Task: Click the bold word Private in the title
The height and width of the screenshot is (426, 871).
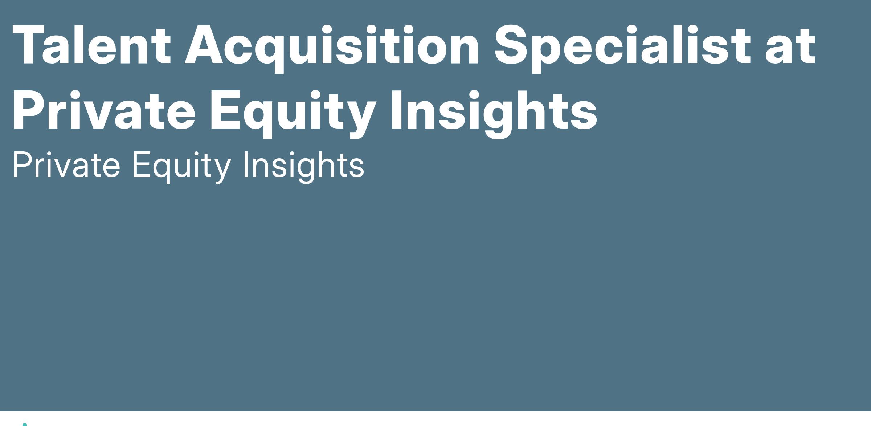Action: tap(104, 110)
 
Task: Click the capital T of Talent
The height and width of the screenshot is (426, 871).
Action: tap(27, 45)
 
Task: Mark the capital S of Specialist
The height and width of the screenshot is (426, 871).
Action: tap(512, 45)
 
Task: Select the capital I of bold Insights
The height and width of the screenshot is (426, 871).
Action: tap(396, 110)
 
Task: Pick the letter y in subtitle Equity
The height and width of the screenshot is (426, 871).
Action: tap(220, 171)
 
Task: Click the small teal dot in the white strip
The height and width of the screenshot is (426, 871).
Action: tap(25, 424)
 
